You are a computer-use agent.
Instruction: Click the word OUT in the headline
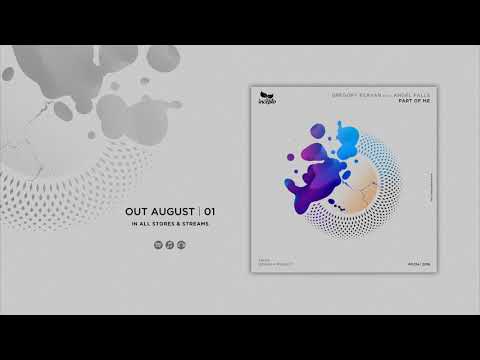(x=139, y=211)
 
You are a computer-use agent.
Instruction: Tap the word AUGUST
(x=175, y=211)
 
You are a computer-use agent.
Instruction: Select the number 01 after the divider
(x=210, y=211)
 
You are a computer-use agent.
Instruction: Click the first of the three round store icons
(x=160, y=246)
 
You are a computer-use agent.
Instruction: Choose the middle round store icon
(x=169, y=246)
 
